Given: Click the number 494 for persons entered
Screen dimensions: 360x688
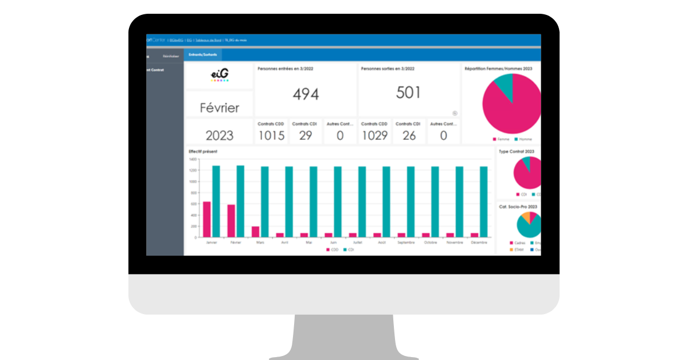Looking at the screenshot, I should [306, 94].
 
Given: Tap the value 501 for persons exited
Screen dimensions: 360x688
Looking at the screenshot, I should [409, 92].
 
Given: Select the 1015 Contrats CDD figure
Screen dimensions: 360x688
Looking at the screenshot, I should [271, 136].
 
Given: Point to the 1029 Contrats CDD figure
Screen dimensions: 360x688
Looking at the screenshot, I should [374, 136].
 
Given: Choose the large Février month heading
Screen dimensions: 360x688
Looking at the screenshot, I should [219, 107].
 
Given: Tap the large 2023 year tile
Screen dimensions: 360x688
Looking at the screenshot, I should [219, 135].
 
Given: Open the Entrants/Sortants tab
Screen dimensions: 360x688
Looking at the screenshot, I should [203, 55].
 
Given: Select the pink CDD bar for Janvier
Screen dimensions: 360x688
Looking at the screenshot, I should [207, 220].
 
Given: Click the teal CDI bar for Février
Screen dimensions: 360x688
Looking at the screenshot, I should [240, 201].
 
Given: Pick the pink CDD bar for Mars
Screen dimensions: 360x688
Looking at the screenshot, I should [256, 232].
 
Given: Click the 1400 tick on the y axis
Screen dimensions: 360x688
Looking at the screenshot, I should [193, 159].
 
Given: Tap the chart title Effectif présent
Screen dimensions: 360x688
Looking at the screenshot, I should [203, 151].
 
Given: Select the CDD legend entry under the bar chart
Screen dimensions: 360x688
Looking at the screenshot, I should [332, 250].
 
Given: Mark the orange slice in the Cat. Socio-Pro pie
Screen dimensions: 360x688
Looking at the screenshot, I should [523, 218].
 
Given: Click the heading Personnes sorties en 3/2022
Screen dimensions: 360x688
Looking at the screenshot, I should [387, 68].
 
